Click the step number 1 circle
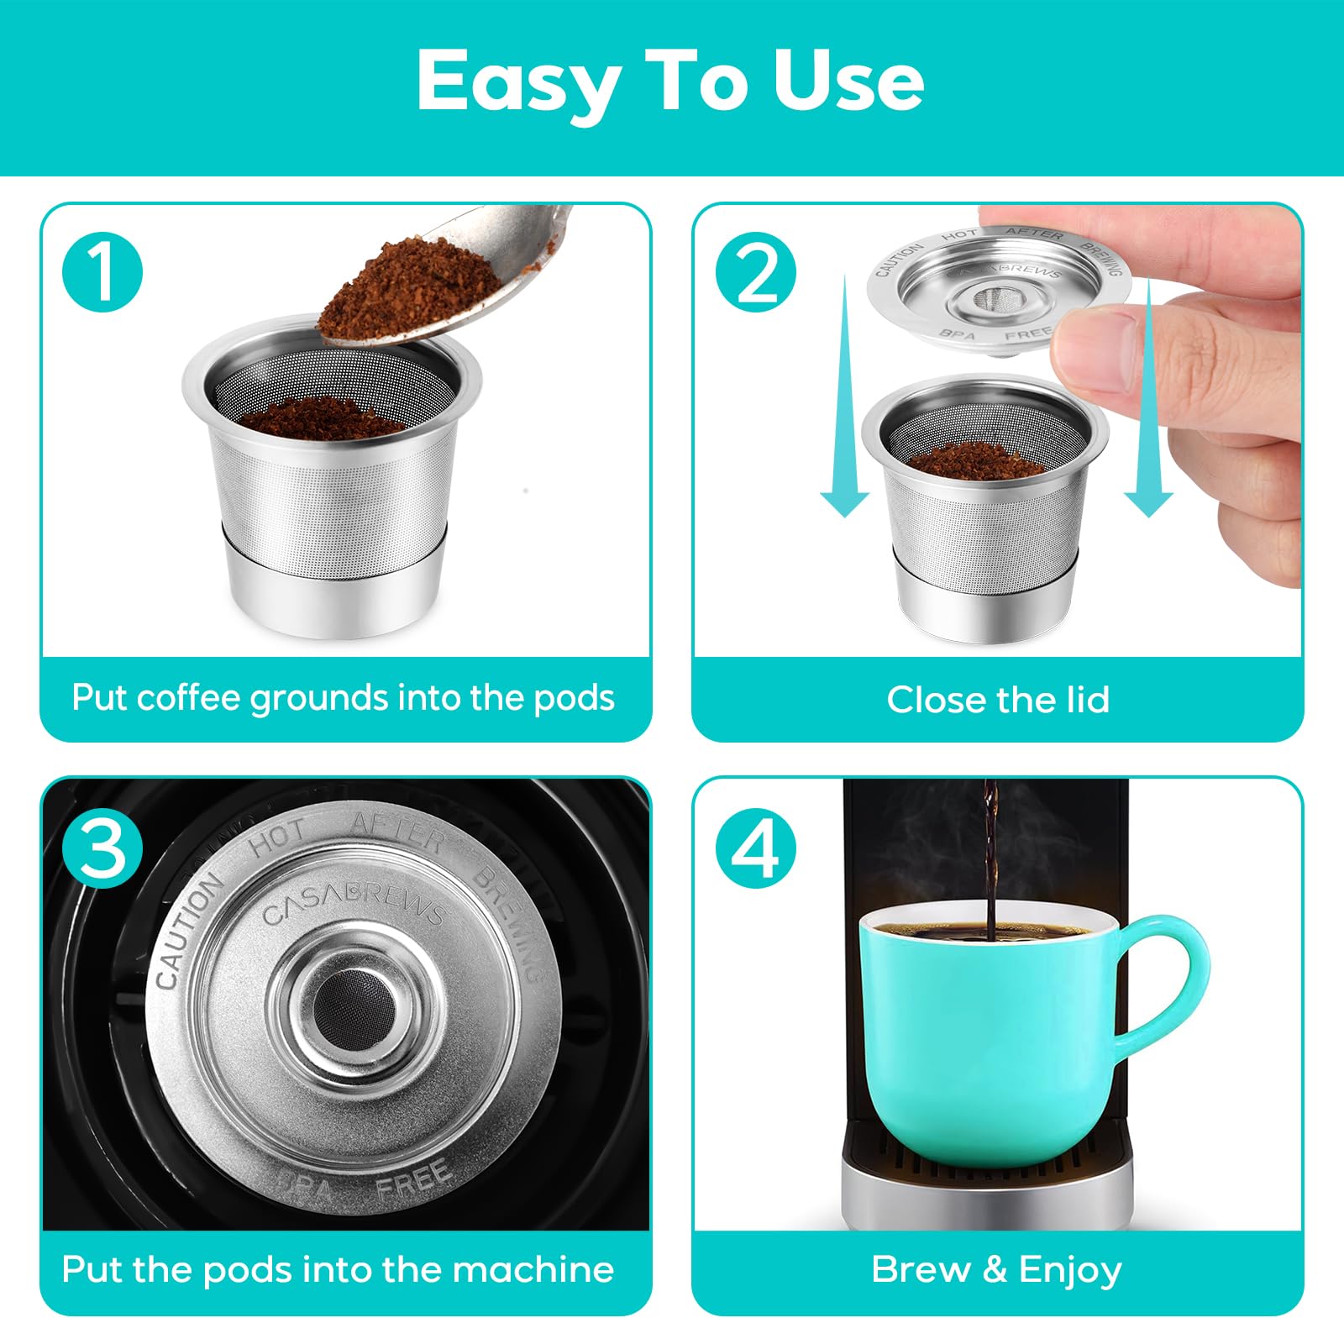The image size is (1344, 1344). coord(102,273)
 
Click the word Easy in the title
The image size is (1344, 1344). coord(518,81)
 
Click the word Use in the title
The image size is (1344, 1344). coord(848,80)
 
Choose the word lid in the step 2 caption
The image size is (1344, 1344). coord(1088,699)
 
